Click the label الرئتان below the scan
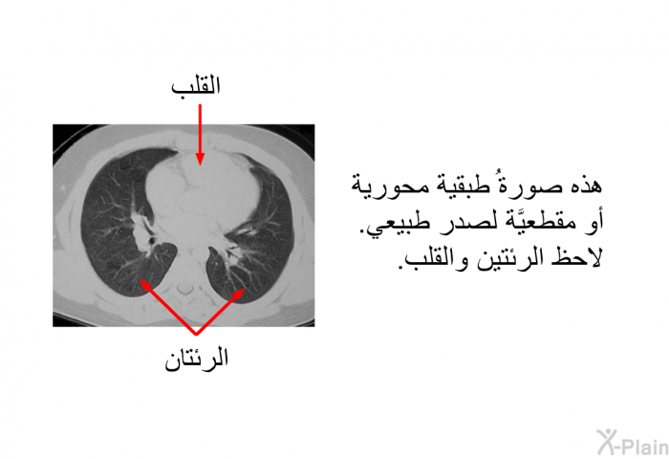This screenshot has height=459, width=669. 197,360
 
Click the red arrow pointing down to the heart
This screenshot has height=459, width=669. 200,135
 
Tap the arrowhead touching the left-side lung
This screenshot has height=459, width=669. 145,285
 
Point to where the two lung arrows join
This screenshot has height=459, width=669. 196,334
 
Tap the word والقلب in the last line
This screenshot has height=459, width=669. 434,258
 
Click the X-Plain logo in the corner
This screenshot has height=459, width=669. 633,442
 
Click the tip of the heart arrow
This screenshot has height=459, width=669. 200,164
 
